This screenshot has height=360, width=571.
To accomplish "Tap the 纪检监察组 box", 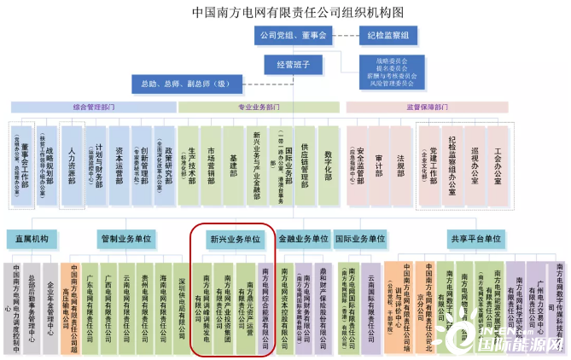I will coord(387,35).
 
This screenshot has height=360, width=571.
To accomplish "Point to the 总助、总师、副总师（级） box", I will coord(181,84).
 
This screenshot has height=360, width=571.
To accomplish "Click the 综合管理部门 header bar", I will coord(93,107).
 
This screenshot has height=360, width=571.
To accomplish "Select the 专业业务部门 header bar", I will coord(260,107).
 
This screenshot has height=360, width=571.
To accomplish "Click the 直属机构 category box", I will coord(32,239).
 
